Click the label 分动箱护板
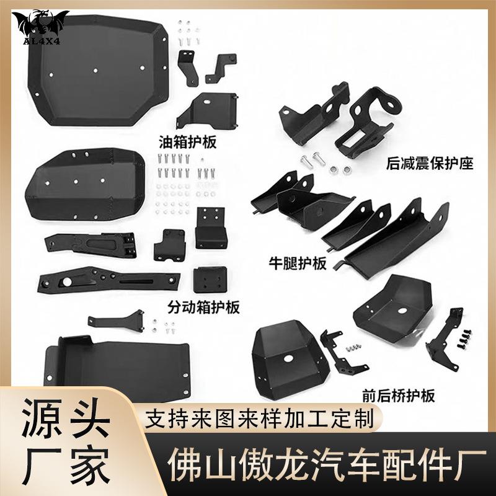pyautogui.click(x=204, y=306)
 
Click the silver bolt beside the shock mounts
pyautogui.click(x=308, y=163)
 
